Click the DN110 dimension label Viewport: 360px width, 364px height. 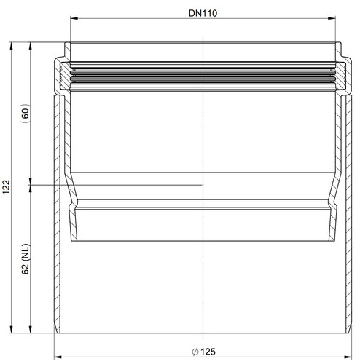coord(203,13)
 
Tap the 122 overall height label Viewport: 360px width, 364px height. coord(6,187)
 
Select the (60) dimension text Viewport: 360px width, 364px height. coord(26,113)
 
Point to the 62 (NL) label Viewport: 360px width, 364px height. coord(26,259)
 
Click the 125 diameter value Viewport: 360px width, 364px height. coord(208,352)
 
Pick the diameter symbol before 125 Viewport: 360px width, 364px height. coord(195,352)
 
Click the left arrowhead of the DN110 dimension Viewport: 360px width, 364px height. coord(74,18)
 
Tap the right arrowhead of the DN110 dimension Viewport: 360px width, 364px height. coord(332,18)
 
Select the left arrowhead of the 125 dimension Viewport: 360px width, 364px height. coord(58,357)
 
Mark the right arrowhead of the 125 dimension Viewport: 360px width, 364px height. coord(348,357)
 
